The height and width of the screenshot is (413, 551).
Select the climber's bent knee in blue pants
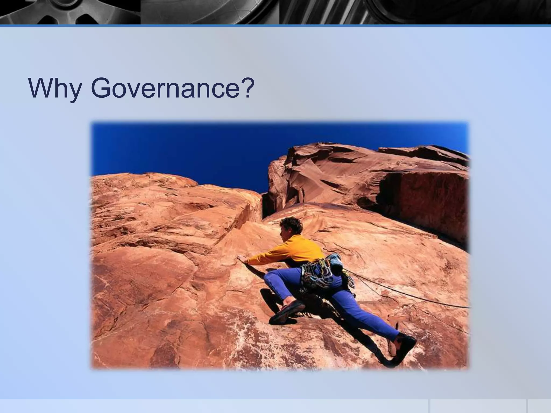click(270, 278)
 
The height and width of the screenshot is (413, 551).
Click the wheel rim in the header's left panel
click(67, 12)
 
